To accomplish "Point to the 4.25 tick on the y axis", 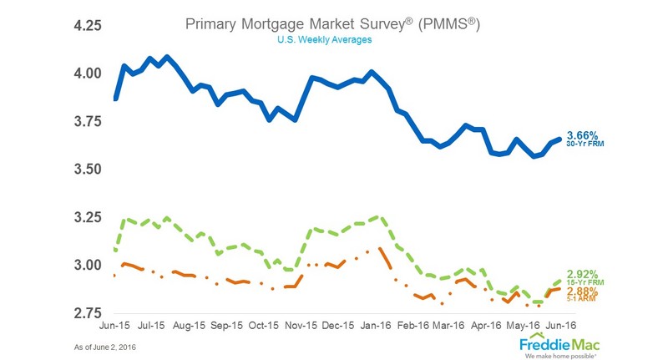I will pyautogui.click(x=84, y=26).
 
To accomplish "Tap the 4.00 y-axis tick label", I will pyautogui.click(x=84, y=74).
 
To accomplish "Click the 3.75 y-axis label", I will pyautogui.click(x=84, y=122).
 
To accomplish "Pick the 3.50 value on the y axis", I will pyautogui.click(x=84, y=170).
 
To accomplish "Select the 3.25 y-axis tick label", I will pyautogui.click(x=84, y=218).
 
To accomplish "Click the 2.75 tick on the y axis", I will pyautogui.click(x=84, y=313).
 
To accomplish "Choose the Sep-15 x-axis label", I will pyautogui.click(x=228, y=326).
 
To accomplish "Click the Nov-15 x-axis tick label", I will pyautogui.click(x=301, y=326).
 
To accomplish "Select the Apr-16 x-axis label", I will pyautogui.click(x=485, y=326).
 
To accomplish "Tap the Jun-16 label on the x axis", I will pyautogui.click(x=559, y=326).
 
